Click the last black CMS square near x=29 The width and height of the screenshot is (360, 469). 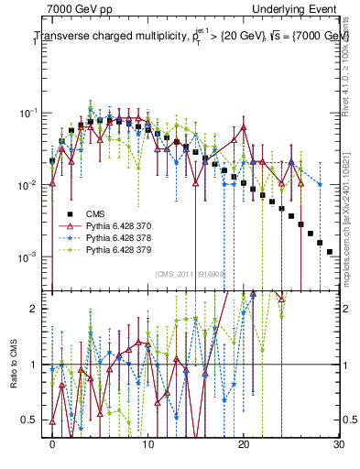pos(329,251)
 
